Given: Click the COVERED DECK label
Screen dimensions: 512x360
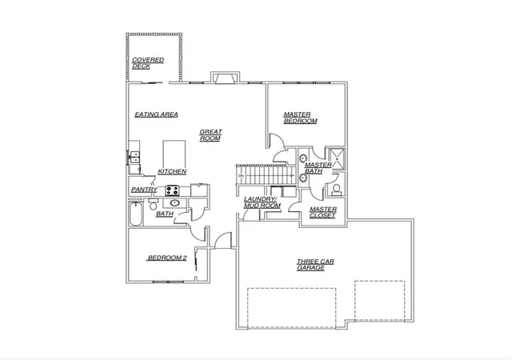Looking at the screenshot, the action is coord(148,63).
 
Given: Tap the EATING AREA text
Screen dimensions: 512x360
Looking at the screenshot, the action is coord(157,114).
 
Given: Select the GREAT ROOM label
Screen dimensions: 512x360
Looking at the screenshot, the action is coord(210,135).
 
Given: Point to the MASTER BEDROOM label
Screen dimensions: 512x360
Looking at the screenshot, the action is coord(300,118).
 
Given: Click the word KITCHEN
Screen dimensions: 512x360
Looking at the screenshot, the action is coord(172,171).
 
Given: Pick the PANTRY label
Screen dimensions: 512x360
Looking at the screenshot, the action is coord(144,190).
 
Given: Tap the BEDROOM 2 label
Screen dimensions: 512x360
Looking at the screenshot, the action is coord(167,258).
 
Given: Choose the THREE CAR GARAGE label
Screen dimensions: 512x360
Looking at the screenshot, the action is coord(315,265).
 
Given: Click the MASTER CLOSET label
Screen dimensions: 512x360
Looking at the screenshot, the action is coord(323,212).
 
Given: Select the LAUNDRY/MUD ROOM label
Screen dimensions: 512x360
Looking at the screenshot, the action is coord(262,202).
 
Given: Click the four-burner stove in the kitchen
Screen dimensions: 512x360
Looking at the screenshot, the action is coord(172,190).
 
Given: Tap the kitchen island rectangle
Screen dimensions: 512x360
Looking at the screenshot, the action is coord(174,154).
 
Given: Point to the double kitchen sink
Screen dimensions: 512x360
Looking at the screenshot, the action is coord(134,157).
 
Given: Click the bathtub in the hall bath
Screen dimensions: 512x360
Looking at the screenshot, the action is coord(135,214).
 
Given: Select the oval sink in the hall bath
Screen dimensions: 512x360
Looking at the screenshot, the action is coord(174,203).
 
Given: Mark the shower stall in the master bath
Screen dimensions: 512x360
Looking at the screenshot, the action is coord(336,158).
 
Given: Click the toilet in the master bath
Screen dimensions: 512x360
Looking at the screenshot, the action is coord(336,190).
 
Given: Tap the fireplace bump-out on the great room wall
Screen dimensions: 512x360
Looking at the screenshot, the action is coord(226,78).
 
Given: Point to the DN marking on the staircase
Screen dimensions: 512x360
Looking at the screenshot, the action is coord(242,176).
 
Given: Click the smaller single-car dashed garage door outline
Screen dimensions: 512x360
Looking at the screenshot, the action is coord(380,301).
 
